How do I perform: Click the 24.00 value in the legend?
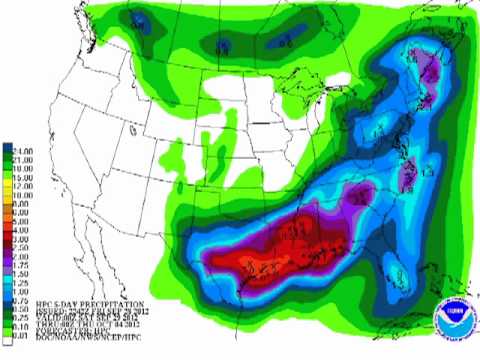point(21,151)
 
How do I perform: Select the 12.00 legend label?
point(21,181)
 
